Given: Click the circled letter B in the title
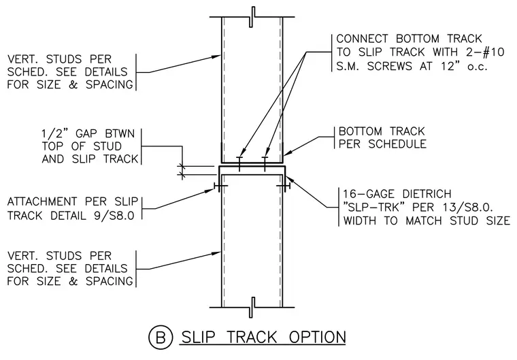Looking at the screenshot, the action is (x=161, y=338).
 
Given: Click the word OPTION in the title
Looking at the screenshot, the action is (x=318, y=338).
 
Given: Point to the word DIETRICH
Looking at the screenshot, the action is (x=427, y=194).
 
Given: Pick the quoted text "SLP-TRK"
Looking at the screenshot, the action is (x=372, y=208).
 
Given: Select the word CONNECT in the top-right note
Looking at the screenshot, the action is (x=363, y=39).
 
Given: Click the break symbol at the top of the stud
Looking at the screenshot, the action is (x=252, y=17).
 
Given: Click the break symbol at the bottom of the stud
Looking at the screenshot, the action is (x=252, y=307).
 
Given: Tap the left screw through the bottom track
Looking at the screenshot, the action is (x=239, y=163).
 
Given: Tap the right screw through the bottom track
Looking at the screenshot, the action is (x=265, y=163).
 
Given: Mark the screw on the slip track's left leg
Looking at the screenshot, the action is (x=220, y=186).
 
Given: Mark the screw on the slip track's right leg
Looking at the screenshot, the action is (x=284, y=186).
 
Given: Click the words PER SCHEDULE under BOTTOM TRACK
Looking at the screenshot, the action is (x=382, y=144).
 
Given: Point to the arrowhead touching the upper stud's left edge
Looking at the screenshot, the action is (x=216, y=56).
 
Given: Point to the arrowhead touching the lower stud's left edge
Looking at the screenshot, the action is (x=216, y=253).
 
